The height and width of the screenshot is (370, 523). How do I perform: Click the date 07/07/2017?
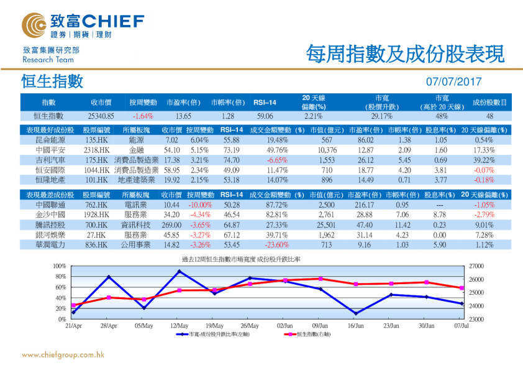(454, 81)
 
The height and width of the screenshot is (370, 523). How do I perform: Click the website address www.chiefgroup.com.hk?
(63, 354)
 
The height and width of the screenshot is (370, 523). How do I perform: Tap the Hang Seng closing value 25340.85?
(101, 116)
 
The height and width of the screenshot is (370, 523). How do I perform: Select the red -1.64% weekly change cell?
(143, 116)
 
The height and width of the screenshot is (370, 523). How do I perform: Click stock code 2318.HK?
(96, 150)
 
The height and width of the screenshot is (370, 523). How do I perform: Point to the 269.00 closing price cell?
(171, 224)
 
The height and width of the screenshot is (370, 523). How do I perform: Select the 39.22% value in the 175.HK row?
(482, 160)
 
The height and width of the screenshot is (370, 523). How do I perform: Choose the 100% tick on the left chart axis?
(60, 266)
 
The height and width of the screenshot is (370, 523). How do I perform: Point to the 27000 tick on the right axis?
(475, 266)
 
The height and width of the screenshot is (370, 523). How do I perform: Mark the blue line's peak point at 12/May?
(180, 271)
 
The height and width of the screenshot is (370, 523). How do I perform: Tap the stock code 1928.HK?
(96, 215)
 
